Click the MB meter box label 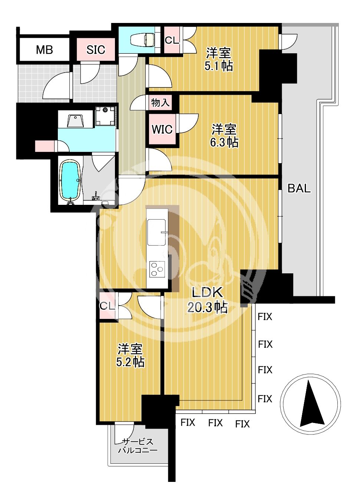(44, 50)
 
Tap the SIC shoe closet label (96, 50)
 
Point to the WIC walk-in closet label (162, 129)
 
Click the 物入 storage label (160, 103)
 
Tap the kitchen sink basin (156, 232)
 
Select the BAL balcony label (299, 188)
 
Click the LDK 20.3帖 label (207, 301)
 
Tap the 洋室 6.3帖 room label (224, 136)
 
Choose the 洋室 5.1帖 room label (218, 59)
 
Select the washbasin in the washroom (75, 121)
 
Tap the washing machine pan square (105, 116)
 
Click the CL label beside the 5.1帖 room (172, 40)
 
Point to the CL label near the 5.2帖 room (107, 306)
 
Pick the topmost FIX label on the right (265, 317)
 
